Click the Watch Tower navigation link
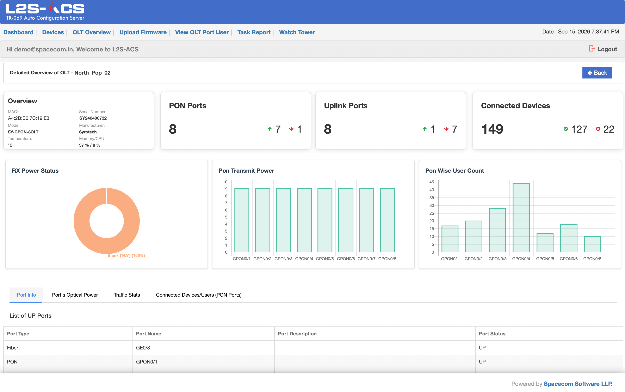[x=297, y=32]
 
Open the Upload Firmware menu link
[x=143, y=32]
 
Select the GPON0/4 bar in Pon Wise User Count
[x=521, y=218]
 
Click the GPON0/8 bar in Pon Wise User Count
[x=592, y=244]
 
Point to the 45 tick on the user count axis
[x=432, y=182]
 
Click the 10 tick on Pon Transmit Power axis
[x=225, y=182]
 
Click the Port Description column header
[x=297, y=334]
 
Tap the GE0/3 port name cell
[x=143, y=348]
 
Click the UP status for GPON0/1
[x=482, y=362]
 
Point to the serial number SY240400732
[x=93, y=118]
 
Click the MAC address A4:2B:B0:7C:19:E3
[x=29, y=118]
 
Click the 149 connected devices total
[x=492, y=129]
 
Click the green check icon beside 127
[x=566, y=129]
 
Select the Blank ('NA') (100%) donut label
[x=126, y=256]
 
